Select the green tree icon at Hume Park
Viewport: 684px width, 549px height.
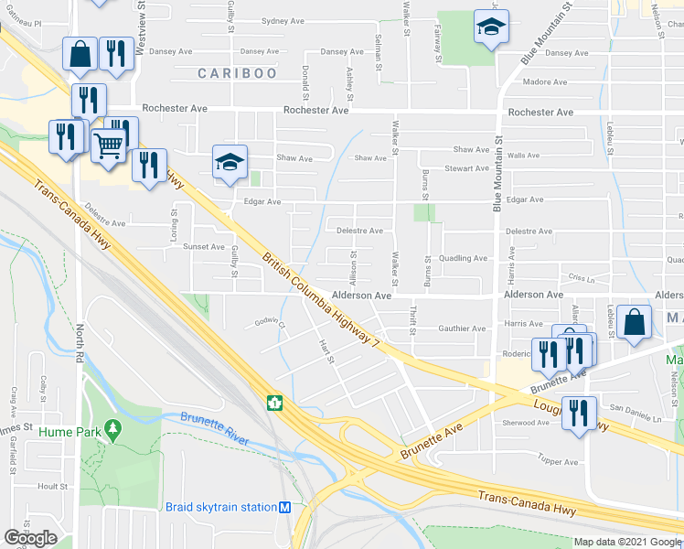(112, 427)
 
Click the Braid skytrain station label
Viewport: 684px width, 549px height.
(220, 507)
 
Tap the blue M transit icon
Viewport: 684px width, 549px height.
(285, 508)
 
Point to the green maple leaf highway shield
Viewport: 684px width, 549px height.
(273, 402)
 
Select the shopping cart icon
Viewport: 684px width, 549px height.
(109, 143)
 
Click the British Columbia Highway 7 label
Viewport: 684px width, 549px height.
(320, 298)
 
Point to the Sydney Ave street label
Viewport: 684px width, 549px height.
(283, 20)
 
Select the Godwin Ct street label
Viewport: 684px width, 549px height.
(271, 323)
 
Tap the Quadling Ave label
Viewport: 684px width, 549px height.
(463, 258)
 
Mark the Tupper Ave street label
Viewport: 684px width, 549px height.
(558, 461)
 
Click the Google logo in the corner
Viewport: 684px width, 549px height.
(30, 538)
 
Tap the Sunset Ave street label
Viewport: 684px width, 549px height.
(204, 246)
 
